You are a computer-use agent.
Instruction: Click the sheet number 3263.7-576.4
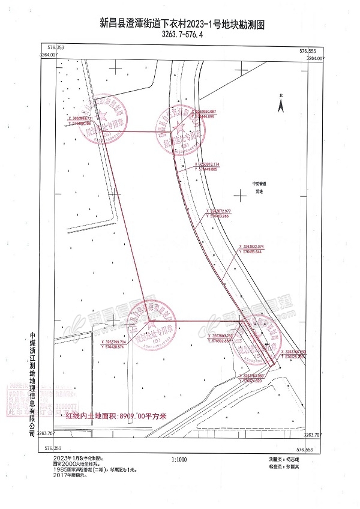point(182,35)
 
